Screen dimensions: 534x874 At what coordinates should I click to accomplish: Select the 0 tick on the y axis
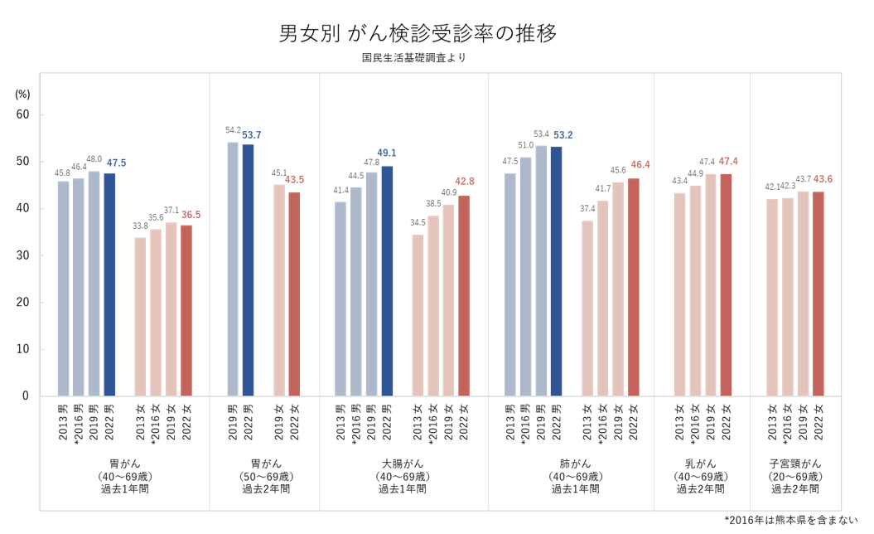click(x=26, y=396)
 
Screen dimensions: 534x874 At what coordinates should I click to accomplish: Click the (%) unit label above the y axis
click(x=22, y=95)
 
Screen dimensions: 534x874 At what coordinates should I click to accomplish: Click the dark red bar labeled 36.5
click(x=186, y=310)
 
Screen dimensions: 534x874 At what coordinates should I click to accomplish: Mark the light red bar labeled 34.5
click(x=418, y=315)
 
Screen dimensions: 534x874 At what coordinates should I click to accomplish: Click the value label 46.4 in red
click(x=640, y=165)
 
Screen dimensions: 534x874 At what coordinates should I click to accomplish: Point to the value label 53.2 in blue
click(x=563, y=134)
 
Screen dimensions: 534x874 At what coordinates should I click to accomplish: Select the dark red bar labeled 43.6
click(x=818, y=294)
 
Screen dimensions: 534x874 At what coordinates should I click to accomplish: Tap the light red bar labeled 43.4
click(x=679, y=294)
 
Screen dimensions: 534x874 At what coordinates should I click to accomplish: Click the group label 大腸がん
click(x=403, y=463)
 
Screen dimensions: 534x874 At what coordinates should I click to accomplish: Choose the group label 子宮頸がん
click(x=795, y=463)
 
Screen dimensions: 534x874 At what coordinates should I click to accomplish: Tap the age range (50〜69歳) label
click(x=265, y=476)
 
